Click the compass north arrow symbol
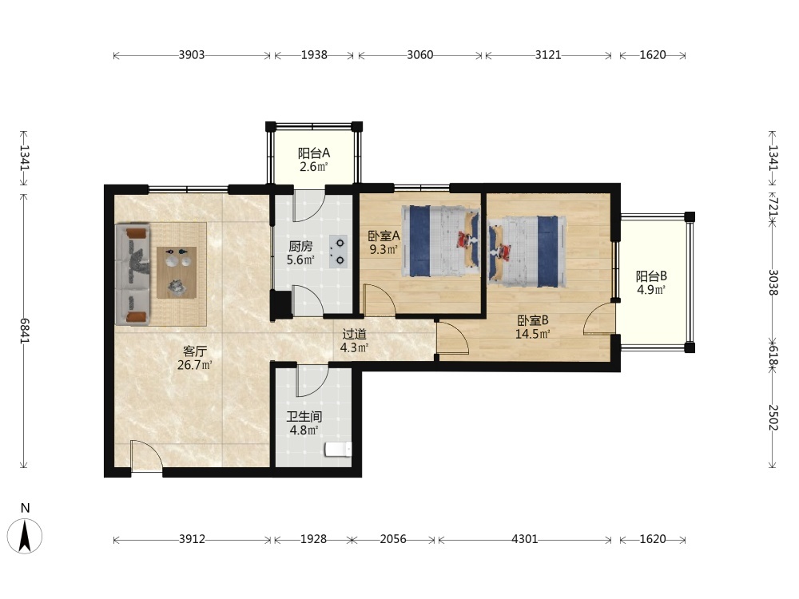point(25,535)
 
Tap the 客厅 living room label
point(195,351)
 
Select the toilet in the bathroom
point(338,449)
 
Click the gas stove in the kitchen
point(338,252)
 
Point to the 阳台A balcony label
point(314,153)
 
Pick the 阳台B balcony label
point(651,276)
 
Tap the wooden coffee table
point(177,272)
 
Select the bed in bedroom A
point(441,241)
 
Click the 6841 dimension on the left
point(24,331)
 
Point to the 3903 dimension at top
point(192,55)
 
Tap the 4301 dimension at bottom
point(525,539)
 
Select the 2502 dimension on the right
point(773,418)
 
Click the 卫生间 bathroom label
point(304,417)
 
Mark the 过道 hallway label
point(354,334)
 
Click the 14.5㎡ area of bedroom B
point(532,334)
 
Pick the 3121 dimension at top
point(548,55)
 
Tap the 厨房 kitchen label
point(300,247)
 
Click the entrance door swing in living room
point(147,457)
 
